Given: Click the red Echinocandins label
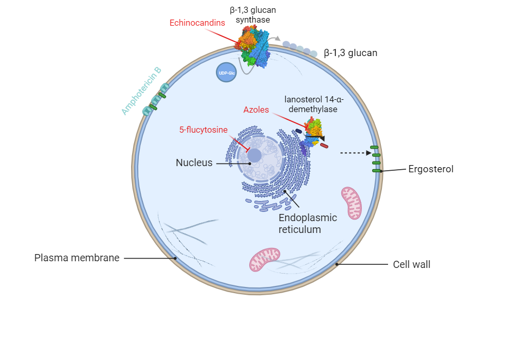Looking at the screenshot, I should pyautogui.click(x=197, y=23).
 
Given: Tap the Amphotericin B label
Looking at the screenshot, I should pyautogui.click(x=141, y=91).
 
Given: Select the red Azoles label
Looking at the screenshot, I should pyautogui.click(x=256, y=110).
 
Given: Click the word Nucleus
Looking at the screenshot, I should pyautogui.click(x=194, y=163).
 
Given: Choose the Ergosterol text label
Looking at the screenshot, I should pyautogui.click(x=431, y=169).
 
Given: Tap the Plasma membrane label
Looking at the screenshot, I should pyautogui.click(x=77, y=258).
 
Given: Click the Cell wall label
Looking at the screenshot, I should pyautogui.click(x=412, y=265).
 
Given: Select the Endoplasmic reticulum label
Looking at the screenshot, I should pyautogui.click(x=307, y=223).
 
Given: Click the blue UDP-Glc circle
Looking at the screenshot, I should pyautogui.click(x=226, y=73).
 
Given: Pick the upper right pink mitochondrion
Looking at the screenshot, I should pyautogui.click(x=352, y=202).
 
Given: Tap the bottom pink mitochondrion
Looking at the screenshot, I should pyautogui.click(x=265, y=259).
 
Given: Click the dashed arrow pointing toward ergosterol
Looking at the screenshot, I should pyautogui.click(x=355, y=153).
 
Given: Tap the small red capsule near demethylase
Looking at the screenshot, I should pyautogui.click(x=324, y=146).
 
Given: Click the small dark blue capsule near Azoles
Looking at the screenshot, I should pyautogui.click(x=299, y=131).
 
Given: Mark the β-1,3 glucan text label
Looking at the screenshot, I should pyautogui.click(x=351, y=52).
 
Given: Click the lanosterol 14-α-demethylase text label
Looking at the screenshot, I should pyautogui.click(x=314, y=104).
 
